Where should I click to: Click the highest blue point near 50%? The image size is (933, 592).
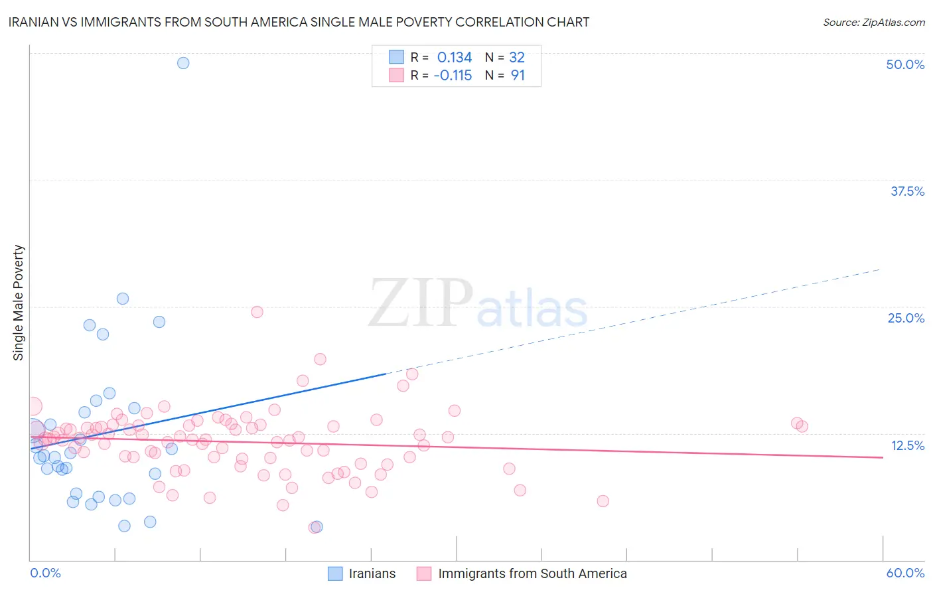click(x=183, y=63)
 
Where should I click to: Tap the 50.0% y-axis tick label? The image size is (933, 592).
click(x=905, y=64)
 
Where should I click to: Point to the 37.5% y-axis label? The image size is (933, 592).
click(x=907, y=191)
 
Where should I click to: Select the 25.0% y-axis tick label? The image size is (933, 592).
click(x=906, y=318)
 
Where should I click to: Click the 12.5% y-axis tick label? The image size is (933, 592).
click(x=907, y=445)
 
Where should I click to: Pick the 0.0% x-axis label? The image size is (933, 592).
click(x=45, y=573)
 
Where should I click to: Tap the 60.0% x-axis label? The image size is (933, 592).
click(x=905, y=573)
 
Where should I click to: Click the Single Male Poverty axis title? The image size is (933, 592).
click(x=19, y=303)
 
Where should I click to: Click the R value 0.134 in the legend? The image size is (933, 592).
click(x=455, y=57)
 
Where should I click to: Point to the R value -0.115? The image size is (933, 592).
click(x=453, y=75)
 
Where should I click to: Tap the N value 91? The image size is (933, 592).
click(x=518, y=75)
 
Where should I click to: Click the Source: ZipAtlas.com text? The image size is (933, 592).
click(x=873, y=22)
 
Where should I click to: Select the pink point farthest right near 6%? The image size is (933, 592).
click(x=603, y=501)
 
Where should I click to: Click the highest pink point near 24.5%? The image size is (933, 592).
click(x=257, y=312)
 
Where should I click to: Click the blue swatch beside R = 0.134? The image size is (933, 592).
click(x=396, y=57)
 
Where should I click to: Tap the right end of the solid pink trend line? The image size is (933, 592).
click(x=883, y=457)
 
